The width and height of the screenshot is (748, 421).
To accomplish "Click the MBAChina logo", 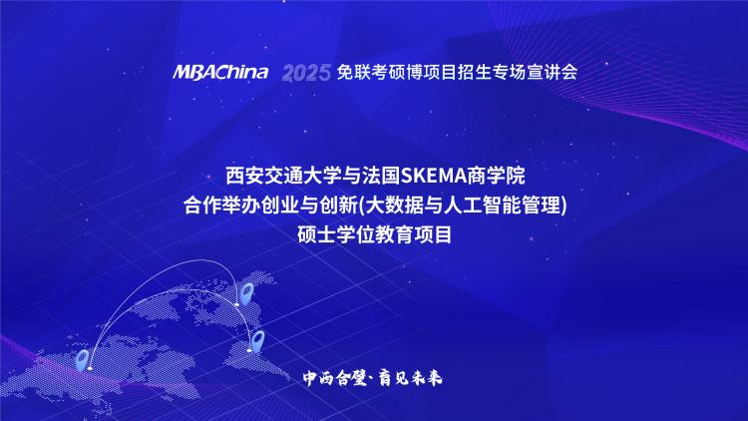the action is pyautogui.click(x=220, y=72).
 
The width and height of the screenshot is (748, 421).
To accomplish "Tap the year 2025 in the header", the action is pyautogui.click(x=306, y=73).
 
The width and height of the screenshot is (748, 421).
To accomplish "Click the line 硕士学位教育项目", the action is pyautogui.click(x=374, y=234).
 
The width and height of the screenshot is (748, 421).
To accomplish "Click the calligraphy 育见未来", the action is pyautogui.click(x=410, y=378).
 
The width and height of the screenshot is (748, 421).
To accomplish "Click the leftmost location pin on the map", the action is pyautogui.click(x=83, y=360).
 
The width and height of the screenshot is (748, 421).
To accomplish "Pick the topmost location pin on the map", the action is pyautogui.click(x=246, y=292).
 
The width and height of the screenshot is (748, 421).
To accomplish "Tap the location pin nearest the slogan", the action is pyautogui.click(x=258, y=341).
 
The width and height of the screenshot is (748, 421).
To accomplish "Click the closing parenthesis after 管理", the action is pyautogui.click(x=563, y=206).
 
